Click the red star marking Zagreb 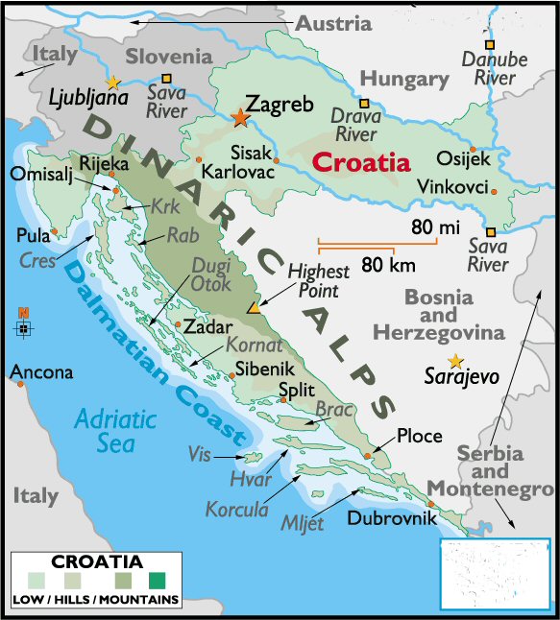[x=239, y=118]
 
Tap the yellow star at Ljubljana [x=113, y=82]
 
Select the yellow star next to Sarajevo [x=455, y=360]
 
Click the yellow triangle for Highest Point [x=254, y=308]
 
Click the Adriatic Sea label [x=115, y=430]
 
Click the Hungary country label [x=403, y=79]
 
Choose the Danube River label [x=495, y=68]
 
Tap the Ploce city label [x=420, y=437]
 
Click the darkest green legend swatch [x=157, y=579]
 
